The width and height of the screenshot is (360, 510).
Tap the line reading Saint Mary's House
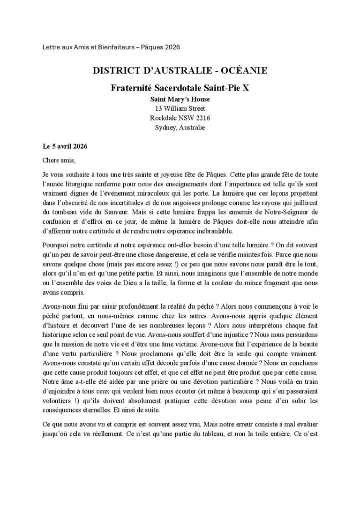pyautogui.click(x=180, y=99)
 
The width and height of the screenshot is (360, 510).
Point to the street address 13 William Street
pyautogui.click(x=180, y=108)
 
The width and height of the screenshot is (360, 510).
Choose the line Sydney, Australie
pyautogui.click(x=180, y=127)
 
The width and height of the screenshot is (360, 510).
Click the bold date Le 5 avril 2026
pyautogui.click(x=64, y=146)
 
